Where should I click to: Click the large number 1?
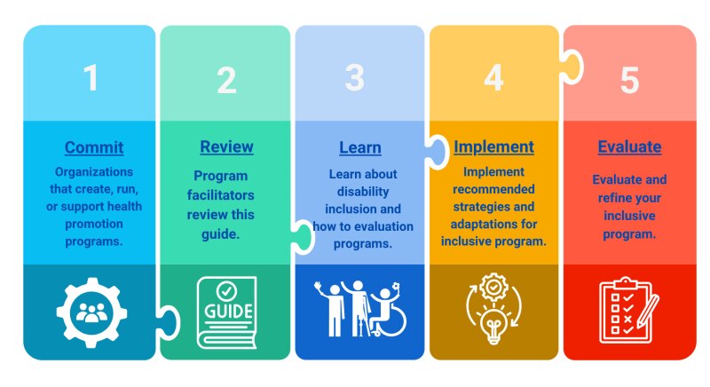pyautogui.click(x=91, y=77)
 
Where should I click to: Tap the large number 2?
pyautogui.click(x=226, y=80)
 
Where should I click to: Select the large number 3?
pyautogui.click(x=354, y=77)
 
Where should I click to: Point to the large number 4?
pyautogui.click(x=493, y=77)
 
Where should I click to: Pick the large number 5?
pyautogui.click(x=629, y=80)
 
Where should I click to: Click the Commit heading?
pyautogui.click(x=94, y=147)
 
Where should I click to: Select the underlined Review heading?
pyautogui.click(x=226, y=147)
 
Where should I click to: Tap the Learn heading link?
pyautogui.click(x=360, y=148)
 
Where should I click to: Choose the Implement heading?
pyautogui.click(x=493, y=147)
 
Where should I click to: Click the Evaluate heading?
pyautogui.click(x=629, y=147)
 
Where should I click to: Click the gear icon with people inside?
pyautogui.click(x=91, y=312)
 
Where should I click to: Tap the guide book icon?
pyautogui.click(x=226, y=312)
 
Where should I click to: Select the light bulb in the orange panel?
pyautogui.click(x=493, y=325)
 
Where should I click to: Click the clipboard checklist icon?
pyautogui.click(x=626, y=311)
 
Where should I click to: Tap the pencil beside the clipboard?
pyautogui.click(x=649, y=312)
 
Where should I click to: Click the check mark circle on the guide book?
pyautogui.click(x=226, y=290)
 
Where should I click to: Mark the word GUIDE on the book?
pyautogui.click(x=228, y=312)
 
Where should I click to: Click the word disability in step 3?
pyautogui.click(x=363, y=192)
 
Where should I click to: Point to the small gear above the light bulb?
pyautogui.click(x=493, y=287)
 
